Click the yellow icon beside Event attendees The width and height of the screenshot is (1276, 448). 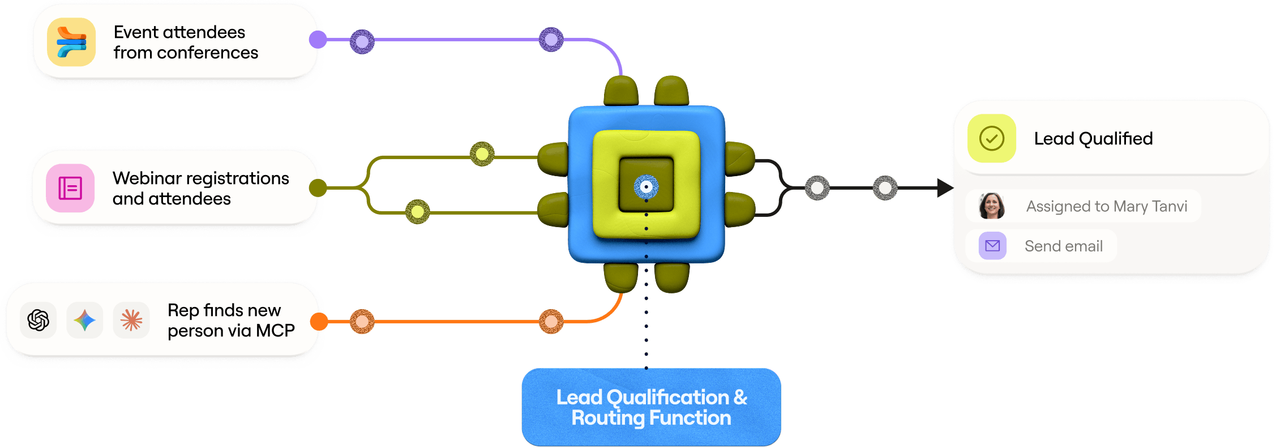click(x=71, y=42)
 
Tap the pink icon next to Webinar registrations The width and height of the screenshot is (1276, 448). click(x=70, y=188)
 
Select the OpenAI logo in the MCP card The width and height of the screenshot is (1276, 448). click(x=38, y=320)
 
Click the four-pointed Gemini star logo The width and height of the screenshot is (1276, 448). click(x=85, y=320)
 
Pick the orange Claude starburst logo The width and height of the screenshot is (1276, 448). click(x=131, y=320)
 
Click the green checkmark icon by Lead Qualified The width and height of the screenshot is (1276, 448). click(x=992, y=138)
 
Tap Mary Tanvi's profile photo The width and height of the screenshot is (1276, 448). click(x=992, y=206)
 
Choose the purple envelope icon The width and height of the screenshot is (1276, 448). click(x=992, y=246)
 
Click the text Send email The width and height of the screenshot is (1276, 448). click(x=1063, y=246)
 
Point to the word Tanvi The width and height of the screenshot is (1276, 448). click(x=1169, y=206)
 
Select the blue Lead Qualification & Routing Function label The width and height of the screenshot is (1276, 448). click(x=651, y=407)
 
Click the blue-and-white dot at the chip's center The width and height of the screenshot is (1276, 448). click(x=646, y=186)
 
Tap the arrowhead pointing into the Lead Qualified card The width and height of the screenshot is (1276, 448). click(x=944, y=188)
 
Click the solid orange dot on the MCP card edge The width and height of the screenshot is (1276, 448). click(x=319, y=321)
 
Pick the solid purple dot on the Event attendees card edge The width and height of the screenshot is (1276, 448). click(x=318, y=40)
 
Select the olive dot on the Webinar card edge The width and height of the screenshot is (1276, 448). click(x=318, y=187)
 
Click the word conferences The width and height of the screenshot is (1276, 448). click(x=207, y=53)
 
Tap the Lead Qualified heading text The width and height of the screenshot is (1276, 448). click(x=1093, y=138)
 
